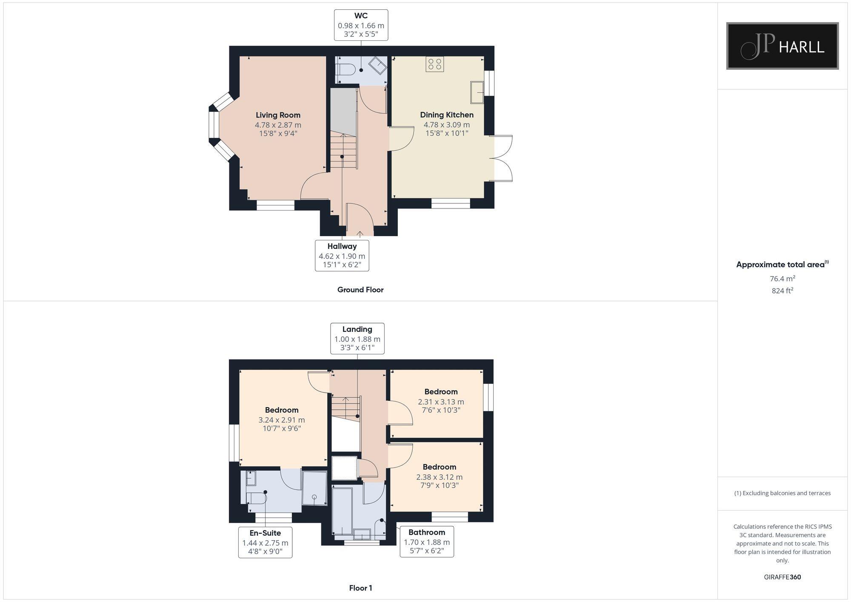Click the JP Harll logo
[782, 46]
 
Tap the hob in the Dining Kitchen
[434, 64]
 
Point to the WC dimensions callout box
[361, 26]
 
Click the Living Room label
[278, 115]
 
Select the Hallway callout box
[342, 256]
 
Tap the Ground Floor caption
[360, 290]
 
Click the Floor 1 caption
[360, 588]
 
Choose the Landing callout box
[357, 339]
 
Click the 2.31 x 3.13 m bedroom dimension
[441, 402]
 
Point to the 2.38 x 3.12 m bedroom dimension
[439, 477]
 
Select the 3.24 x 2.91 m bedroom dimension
[281, 419]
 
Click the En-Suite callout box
[265, 542]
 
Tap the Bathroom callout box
[426, 542]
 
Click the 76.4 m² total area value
[782, 279]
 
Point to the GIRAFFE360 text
[782, 577]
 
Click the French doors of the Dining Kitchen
[502, 159]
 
